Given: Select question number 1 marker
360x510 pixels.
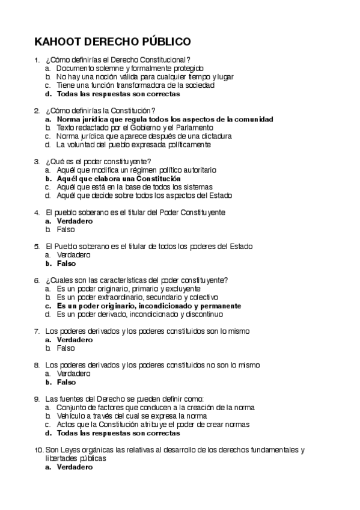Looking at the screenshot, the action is pos(37,60).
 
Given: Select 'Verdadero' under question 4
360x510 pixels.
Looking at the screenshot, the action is pos(75,221).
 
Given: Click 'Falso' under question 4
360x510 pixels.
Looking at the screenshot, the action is pos(66,229).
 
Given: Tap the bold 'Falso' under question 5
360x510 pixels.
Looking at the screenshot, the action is pos(66,263).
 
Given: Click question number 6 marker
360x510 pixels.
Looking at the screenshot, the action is pos(37,280).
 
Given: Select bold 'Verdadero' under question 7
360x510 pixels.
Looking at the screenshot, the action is pos(75,339).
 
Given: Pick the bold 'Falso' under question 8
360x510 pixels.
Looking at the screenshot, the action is pos(66,382).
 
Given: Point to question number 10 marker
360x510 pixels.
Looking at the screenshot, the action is pos(38,450).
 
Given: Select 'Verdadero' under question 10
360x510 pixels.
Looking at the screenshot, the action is pos(75,467).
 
